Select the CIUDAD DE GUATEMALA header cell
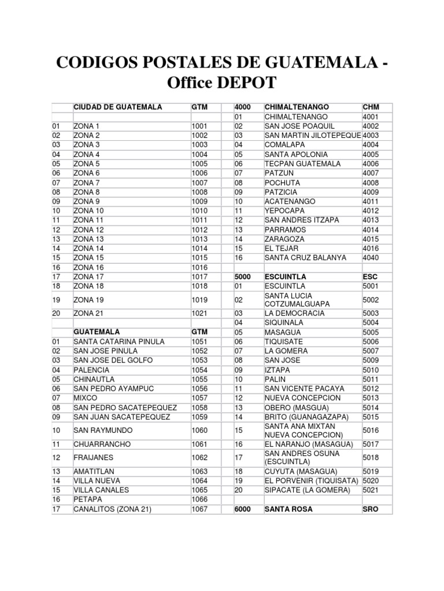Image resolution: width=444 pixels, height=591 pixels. [x=117, y=107]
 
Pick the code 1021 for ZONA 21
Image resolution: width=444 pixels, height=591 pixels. [x=199, y=313]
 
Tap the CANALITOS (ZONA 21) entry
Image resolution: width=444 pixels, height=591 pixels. [x=112, y=509]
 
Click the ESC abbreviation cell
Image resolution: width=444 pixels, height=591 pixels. [x=369, y=277]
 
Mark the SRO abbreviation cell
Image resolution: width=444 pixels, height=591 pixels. [x=370, y=510]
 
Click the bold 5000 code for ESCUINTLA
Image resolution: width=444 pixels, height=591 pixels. [x=243, y=277]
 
